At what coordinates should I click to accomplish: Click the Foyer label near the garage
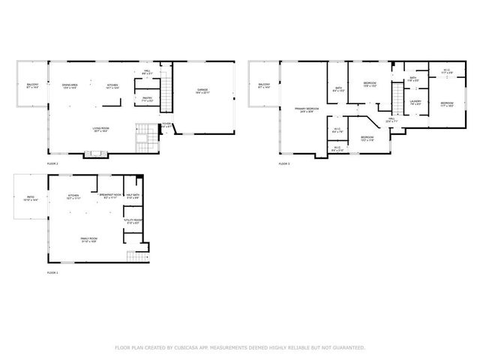166,125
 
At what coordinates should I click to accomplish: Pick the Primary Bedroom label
305,110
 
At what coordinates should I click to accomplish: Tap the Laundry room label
415,103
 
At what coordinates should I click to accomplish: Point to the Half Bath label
133,196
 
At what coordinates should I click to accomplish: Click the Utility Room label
133,222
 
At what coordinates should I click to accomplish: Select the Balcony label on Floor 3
264,86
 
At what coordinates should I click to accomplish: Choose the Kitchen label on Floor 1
73,196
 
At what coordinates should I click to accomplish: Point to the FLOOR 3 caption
284,163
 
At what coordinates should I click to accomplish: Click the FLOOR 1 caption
52,273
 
